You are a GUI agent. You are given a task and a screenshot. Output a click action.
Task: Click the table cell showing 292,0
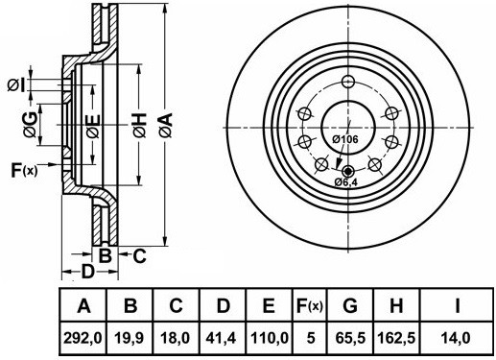pos(83,338)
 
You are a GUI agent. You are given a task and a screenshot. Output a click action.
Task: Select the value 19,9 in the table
pos(130,338)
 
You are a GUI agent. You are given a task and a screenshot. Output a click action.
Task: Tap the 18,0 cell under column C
pos(177,338)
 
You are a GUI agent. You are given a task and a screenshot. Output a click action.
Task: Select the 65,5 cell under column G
pos(351,338)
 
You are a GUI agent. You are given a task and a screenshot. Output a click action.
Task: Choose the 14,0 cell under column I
pos(458,338)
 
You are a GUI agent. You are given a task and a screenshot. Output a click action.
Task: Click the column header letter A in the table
pos(83,306)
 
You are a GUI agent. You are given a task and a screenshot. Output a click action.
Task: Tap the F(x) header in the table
pos(310,306)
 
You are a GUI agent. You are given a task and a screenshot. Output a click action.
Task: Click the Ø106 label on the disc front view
pos(344,140)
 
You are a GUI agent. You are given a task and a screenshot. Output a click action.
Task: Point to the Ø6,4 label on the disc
pos(346,181)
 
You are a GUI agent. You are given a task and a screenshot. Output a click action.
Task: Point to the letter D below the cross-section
pos(86,273)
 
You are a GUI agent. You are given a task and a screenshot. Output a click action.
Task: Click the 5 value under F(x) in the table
pos(310,338)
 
